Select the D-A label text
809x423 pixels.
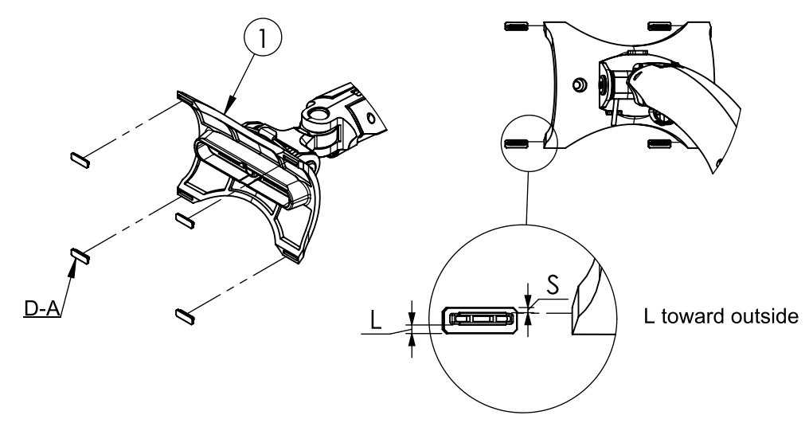click(x=43, y=306)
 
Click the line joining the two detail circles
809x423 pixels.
click(x=526, y=199)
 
